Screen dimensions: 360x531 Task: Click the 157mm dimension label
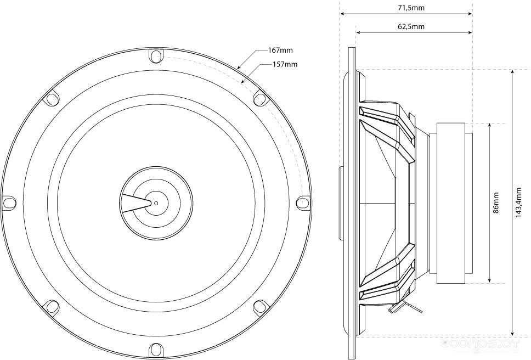pyautogui.click(x=285, y=64)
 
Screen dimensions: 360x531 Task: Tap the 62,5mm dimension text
pyautogui.click(x=411, y=26)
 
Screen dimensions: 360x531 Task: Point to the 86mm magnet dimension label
pyautogui.click(x=496, y=203)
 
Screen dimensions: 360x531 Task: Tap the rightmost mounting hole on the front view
pyautogui.click(x=302, y=202)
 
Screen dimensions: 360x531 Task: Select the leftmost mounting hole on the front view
pyautogui.click(x=9, y=202)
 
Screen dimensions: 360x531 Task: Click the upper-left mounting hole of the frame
pyautogui.click(x=52, y=99)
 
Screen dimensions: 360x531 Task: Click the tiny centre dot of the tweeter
pyautogui.click(x=156, y=203)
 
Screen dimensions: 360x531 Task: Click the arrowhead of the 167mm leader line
pyautogui.click(x=239, y=67)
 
